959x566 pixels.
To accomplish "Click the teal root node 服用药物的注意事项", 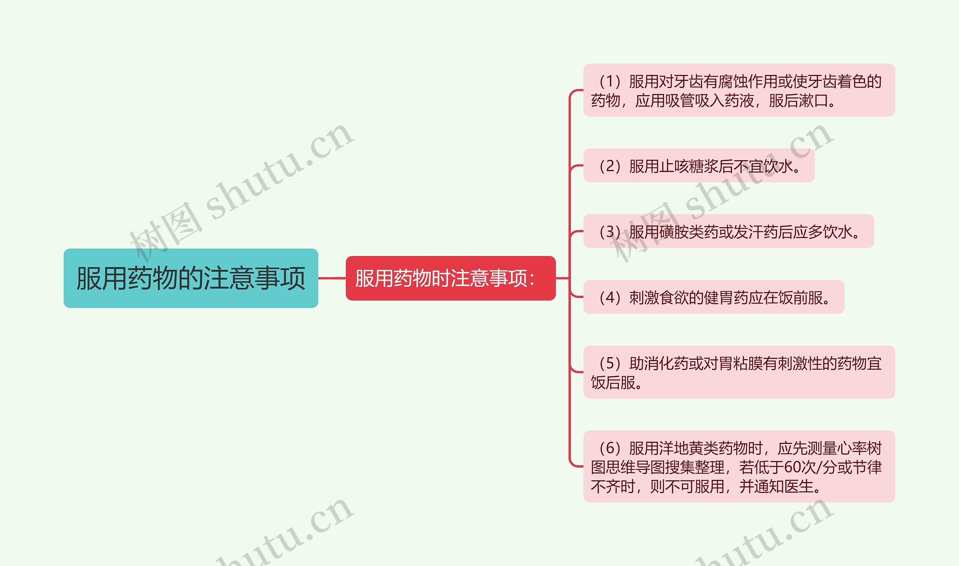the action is coord(190,278).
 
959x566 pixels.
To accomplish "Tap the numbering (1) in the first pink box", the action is coord(609,82).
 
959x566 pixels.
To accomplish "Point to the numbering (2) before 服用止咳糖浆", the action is coord(609,166).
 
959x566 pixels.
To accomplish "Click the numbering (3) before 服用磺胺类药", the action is coord(609,232).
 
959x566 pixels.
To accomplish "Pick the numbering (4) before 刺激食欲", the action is coord(609,298).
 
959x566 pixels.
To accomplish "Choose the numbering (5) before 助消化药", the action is coord(609,363).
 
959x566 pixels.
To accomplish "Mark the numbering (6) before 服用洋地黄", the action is coord(609,448).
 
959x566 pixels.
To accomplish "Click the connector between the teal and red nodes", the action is coord(332,278).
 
